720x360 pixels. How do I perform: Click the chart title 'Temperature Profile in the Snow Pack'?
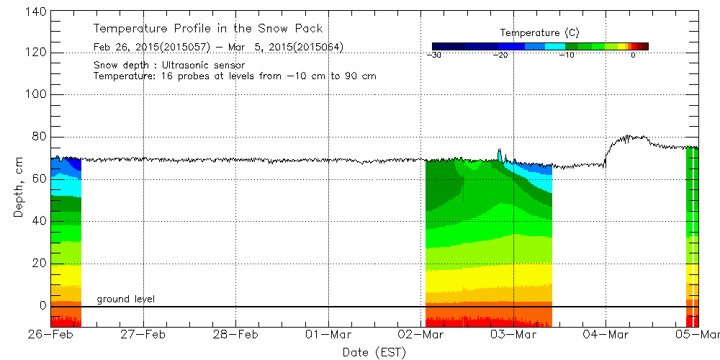[208, 29]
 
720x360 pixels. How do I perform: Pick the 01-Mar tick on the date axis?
[328, 335]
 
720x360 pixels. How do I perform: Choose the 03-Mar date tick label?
[513, 335]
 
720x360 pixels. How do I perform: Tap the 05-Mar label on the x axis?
[698, 335]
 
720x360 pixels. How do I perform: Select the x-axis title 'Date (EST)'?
[374, 352]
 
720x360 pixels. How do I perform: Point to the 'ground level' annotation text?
[126, 299]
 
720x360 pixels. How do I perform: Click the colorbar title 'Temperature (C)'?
[539, 33]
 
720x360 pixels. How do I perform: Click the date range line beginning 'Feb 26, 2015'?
[218, 48]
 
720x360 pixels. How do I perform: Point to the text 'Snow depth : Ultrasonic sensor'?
[169, 66]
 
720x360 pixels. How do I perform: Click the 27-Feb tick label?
[143, 335]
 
